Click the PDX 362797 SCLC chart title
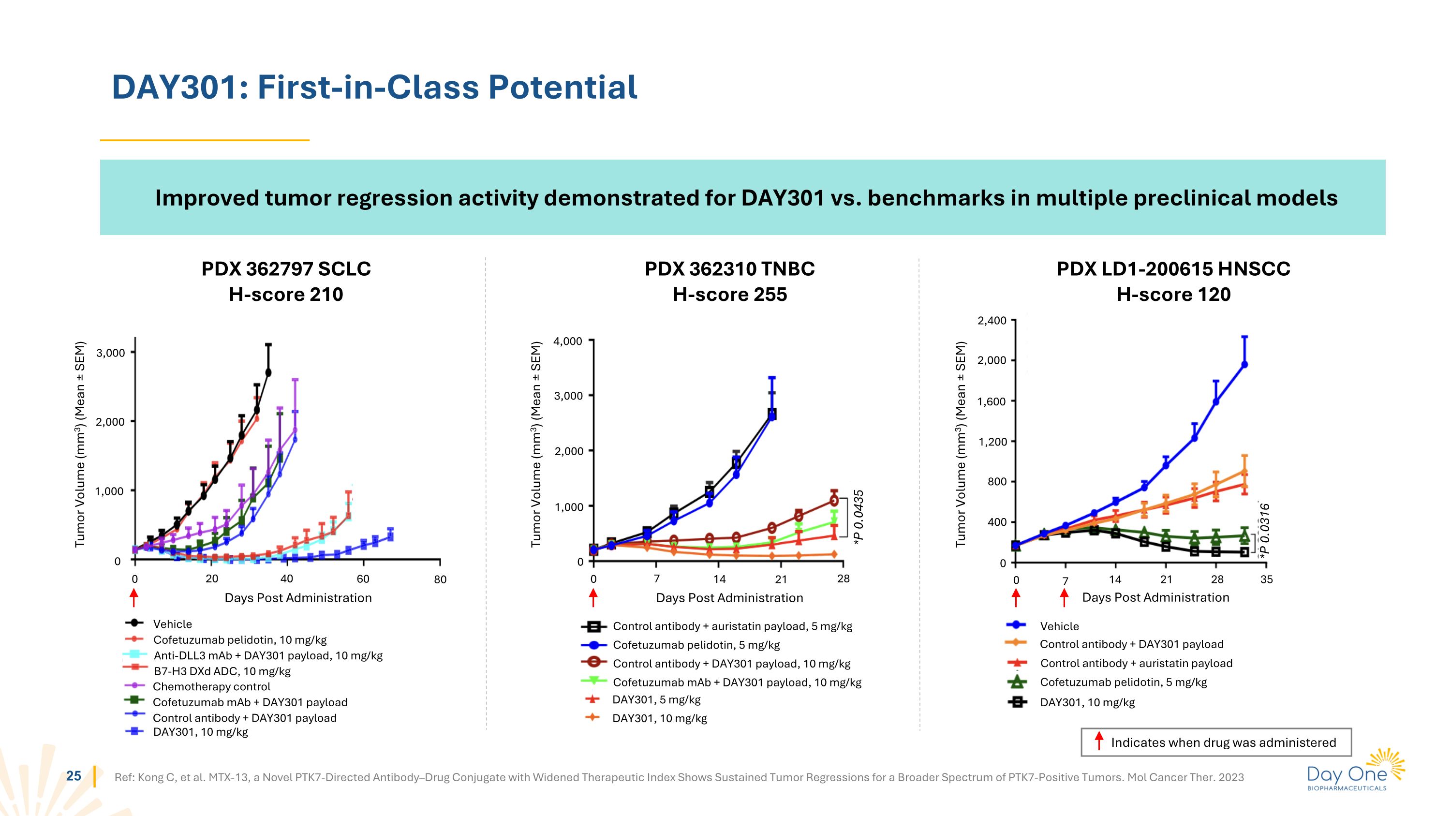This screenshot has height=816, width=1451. click(x=286, y=268)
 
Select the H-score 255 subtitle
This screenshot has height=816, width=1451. click(x=729, y=294)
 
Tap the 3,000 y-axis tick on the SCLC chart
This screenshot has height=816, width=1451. click(x=110, y=353)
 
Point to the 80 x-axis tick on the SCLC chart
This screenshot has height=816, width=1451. click(x=440, y=579)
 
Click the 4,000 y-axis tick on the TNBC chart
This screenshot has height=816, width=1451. click(x=568, y=341)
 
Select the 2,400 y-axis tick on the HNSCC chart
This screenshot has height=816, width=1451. click(x=992, y=320)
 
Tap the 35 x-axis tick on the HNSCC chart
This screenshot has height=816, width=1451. click(x=1266, y=579)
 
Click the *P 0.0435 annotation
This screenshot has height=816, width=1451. click(x=859, y=517)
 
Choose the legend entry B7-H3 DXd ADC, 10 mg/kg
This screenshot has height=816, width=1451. click(x=222, y=671)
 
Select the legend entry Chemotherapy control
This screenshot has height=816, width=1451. click(x=211, y=686)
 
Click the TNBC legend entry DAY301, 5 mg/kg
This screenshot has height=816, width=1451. click(x=656, y=699)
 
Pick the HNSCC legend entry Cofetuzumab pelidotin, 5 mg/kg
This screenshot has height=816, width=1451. click(x=1123, y=682)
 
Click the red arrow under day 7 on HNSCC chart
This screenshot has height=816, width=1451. click(x=1064, y=597)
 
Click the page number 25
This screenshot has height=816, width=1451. click(x=74, y=776)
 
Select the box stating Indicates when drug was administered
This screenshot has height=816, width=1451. click(x=1215, y=742)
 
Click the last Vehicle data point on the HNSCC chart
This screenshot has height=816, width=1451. click(x=1244, y=364)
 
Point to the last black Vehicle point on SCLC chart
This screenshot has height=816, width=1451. click(x=268, y=372)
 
